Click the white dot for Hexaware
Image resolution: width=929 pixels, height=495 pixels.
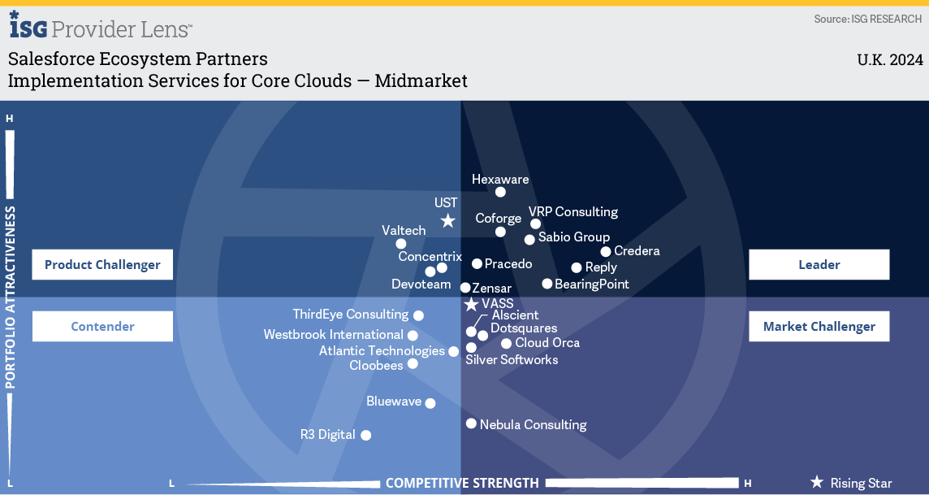click(501, 192)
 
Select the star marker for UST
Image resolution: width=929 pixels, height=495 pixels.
click(448, 220)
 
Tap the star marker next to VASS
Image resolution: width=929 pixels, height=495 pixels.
click(471, 305)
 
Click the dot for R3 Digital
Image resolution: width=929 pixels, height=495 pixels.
click(366, 435)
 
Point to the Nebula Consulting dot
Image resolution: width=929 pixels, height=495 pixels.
click(471, 423)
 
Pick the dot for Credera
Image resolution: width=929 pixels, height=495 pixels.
click(606, 251)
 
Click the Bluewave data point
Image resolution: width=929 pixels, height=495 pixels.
click(430, 403)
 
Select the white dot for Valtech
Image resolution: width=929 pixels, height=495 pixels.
click(401, 244)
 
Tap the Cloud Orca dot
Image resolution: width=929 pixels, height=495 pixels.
click(506, 343)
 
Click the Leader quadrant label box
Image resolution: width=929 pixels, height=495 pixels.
click(819, 264)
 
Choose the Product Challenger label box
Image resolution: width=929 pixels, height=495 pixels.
click(102, 264)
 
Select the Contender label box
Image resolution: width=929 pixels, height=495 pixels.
click(102, 326)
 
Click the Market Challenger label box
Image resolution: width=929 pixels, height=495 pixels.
click(819, 326)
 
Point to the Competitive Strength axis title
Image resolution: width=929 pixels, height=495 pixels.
click(462, 483)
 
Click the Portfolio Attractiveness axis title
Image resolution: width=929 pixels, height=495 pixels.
click(10, 297)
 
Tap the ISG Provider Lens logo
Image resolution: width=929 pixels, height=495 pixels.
click(100, 26)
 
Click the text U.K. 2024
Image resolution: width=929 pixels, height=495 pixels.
click(890, 60)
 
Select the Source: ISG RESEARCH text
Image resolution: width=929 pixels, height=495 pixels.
click(867, 19)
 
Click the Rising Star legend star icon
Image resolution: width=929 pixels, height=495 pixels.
click(817, 482)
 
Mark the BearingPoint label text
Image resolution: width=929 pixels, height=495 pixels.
click(592, 284)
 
